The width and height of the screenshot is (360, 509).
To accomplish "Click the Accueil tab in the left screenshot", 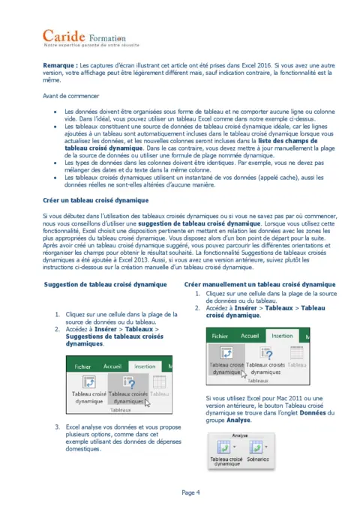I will pos(109,367).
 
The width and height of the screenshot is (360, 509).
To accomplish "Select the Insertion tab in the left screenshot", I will pos(139,367).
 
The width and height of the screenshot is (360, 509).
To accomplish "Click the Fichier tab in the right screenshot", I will pos(220,336).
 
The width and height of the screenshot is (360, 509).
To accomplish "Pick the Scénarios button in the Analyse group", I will pos(257,458).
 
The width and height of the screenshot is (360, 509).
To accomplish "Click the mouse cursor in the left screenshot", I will pos(148,402).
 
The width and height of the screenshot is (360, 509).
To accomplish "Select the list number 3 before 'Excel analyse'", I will pos(58,427).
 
